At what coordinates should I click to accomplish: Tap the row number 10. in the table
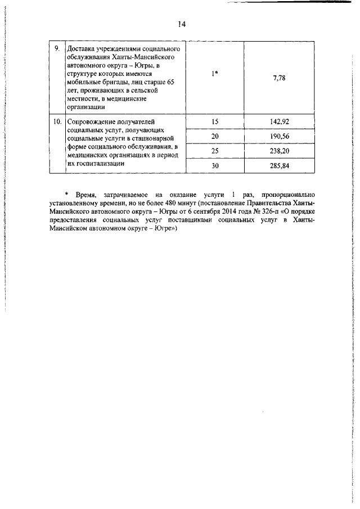[57, 121]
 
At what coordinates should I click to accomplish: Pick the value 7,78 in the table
[279, 78]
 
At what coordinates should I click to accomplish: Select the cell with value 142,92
[279, 121]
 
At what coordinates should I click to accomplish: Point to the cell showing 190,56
[279, 137]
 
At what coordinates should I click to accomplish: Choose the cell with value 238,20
[279, 151]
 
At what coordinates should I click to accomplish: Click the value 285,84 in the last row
[279, 166]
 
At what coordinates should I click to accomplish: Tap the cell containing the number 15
[215, 121]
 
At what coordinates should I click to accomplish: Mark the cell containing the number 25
[215, 151]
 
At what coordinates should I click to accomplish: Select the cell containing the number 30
[215, 166]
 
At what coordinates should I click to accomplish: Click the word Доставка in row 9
[82, 49]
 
